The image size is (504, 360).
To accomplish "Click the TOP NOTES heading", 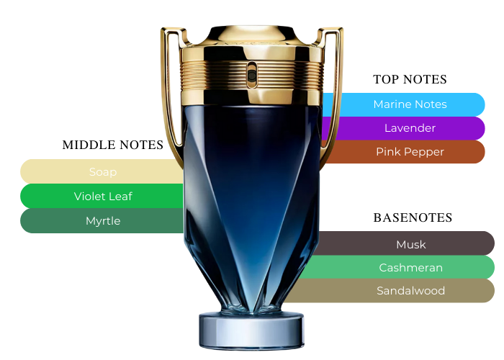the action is [410, 79].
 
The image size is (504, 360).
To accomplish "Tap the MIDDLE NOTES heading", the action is [113, 145].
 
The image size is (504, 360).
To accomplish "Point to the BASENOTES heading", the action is [413, 217].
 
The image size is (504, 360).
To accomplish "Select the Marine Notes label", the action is [410, 104].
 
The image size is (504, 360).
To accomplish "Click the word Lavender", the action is [410, 128].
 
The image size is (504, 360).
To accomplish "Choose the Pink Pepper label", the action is [410, 152].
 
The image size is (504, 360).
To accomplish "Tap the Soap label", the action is [103, 172].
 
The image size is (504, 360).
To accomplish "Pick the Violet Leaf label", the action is [103, 196].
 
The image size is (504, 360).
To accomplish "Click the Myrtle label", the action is [103, 221].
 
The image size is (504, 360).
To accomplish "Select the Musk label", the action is [411, 245].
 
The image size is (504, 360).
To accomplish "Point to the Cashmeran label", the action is [411, 267].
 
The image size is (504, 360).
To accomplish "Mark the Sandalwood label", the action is [411, 291].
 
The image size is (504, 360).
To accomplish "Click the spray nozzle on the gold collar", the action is [252, 75].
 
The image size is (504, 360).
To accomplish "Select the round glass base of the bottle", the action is [252, 330].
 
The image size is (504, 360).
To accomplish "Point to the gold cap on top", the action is [252, 36].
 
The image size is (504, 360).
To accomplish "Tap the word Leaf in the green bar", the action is [121, 196].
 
